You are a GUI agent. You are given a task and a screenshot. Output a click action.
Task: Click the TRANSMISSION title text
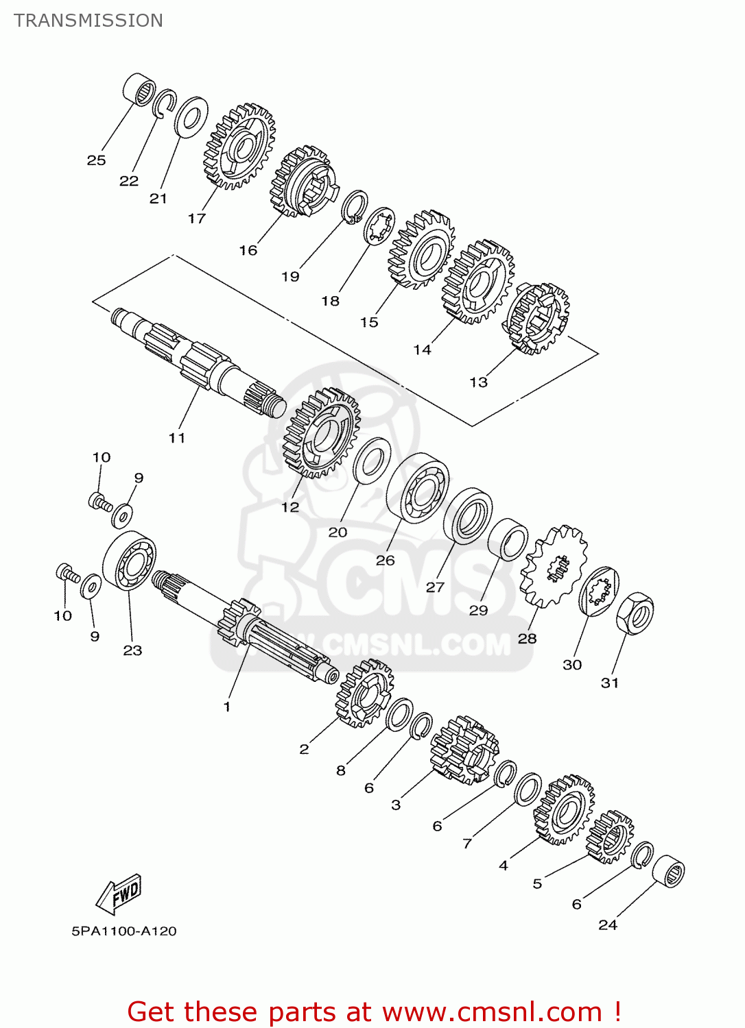click(88, 21)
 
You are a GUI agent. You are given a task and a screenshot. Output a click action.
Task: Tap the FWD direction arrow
click(119, 894)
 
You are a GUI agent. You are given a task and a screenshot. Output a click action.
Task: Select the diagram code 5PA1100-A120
click(124, 931)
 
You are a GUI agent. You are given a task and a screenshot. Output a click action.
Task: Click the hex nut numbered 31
click(635, 613)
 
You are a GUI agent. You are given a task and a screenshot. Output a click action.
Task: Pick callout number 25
click(96, 160)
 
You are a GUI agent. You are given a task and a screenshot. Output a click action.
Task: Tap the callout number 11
click(177, 437)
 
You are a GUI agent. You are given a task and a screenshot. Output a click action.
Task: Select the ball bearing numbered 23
click(130, 560)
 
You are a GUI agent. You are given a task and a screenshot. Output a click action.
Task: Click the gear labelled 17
click(239, 147)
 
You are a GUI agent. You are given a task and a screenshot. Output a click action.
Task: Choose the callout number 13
click(478, 382)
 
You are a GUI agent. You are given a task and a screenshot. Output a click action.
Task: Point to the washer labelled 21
click(191, 117)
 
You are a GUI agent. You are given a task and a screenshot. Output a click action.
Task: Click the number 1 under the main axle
click(227, 707)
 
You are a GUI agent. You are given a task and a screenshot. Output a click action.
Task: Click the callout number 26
click(385, 560)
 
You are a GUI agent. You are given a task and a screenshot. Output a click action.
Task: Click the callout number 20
click(338, 532)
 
